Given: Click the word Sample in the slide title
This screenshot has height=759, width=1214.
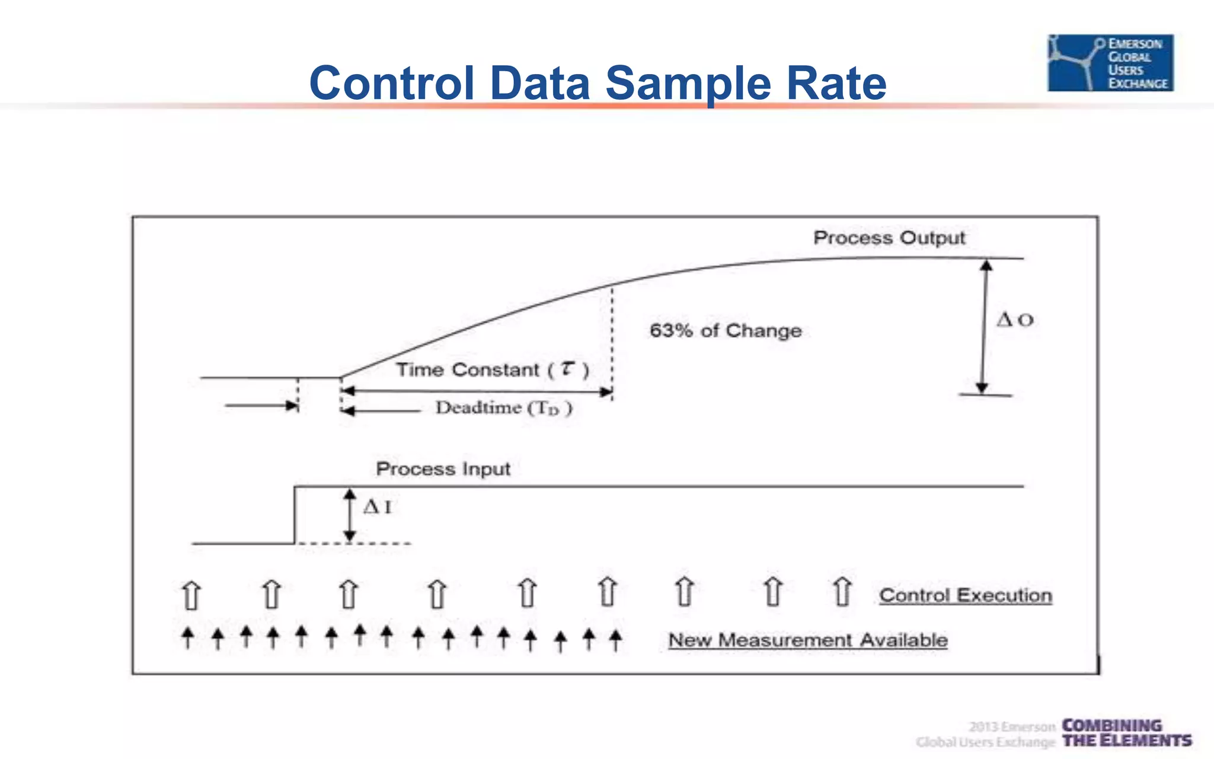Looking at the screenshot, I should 688,84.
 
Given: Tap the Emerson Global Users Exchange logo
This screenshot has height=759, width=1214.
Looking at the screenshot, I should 1110,63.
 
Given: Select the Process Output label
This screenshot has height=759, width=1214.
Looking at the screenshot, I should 889,238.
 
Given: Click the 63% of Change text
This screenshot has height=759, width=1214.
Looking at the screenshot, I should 725,330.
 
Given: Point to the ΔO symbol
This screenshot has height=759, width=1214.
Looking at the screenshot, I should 1014,320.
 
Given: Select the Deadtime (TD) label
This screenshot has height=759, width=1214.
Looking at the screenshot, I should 503,408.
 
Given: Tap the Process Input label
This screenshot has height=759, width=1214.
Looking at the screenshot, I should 443,469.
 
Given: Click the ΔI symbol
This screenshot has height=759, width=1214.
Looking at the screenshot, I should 377,507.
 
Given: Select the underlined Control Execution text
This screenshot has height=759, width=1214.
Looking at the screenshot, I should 965,595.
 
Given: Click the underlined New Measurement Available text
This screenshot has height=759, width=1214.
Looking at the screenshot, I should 807,640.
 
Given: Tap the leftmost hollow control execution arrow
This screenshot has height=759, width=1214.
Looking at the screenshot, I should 191,595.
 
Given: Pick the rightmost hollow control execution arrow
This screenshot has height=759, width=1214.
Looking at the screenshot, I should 842,591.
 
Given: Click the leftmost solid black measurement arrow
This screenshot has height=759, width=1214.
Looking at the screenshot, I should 188,638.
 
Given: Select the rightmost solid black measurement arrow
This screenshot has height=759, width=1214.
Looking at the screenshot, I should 616,640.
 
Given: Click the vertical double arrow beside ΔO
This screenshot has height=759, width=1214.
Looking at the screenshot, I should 984,326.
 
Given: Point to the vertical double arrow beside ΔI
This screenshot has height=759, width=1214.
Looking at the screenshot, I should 350,515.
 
